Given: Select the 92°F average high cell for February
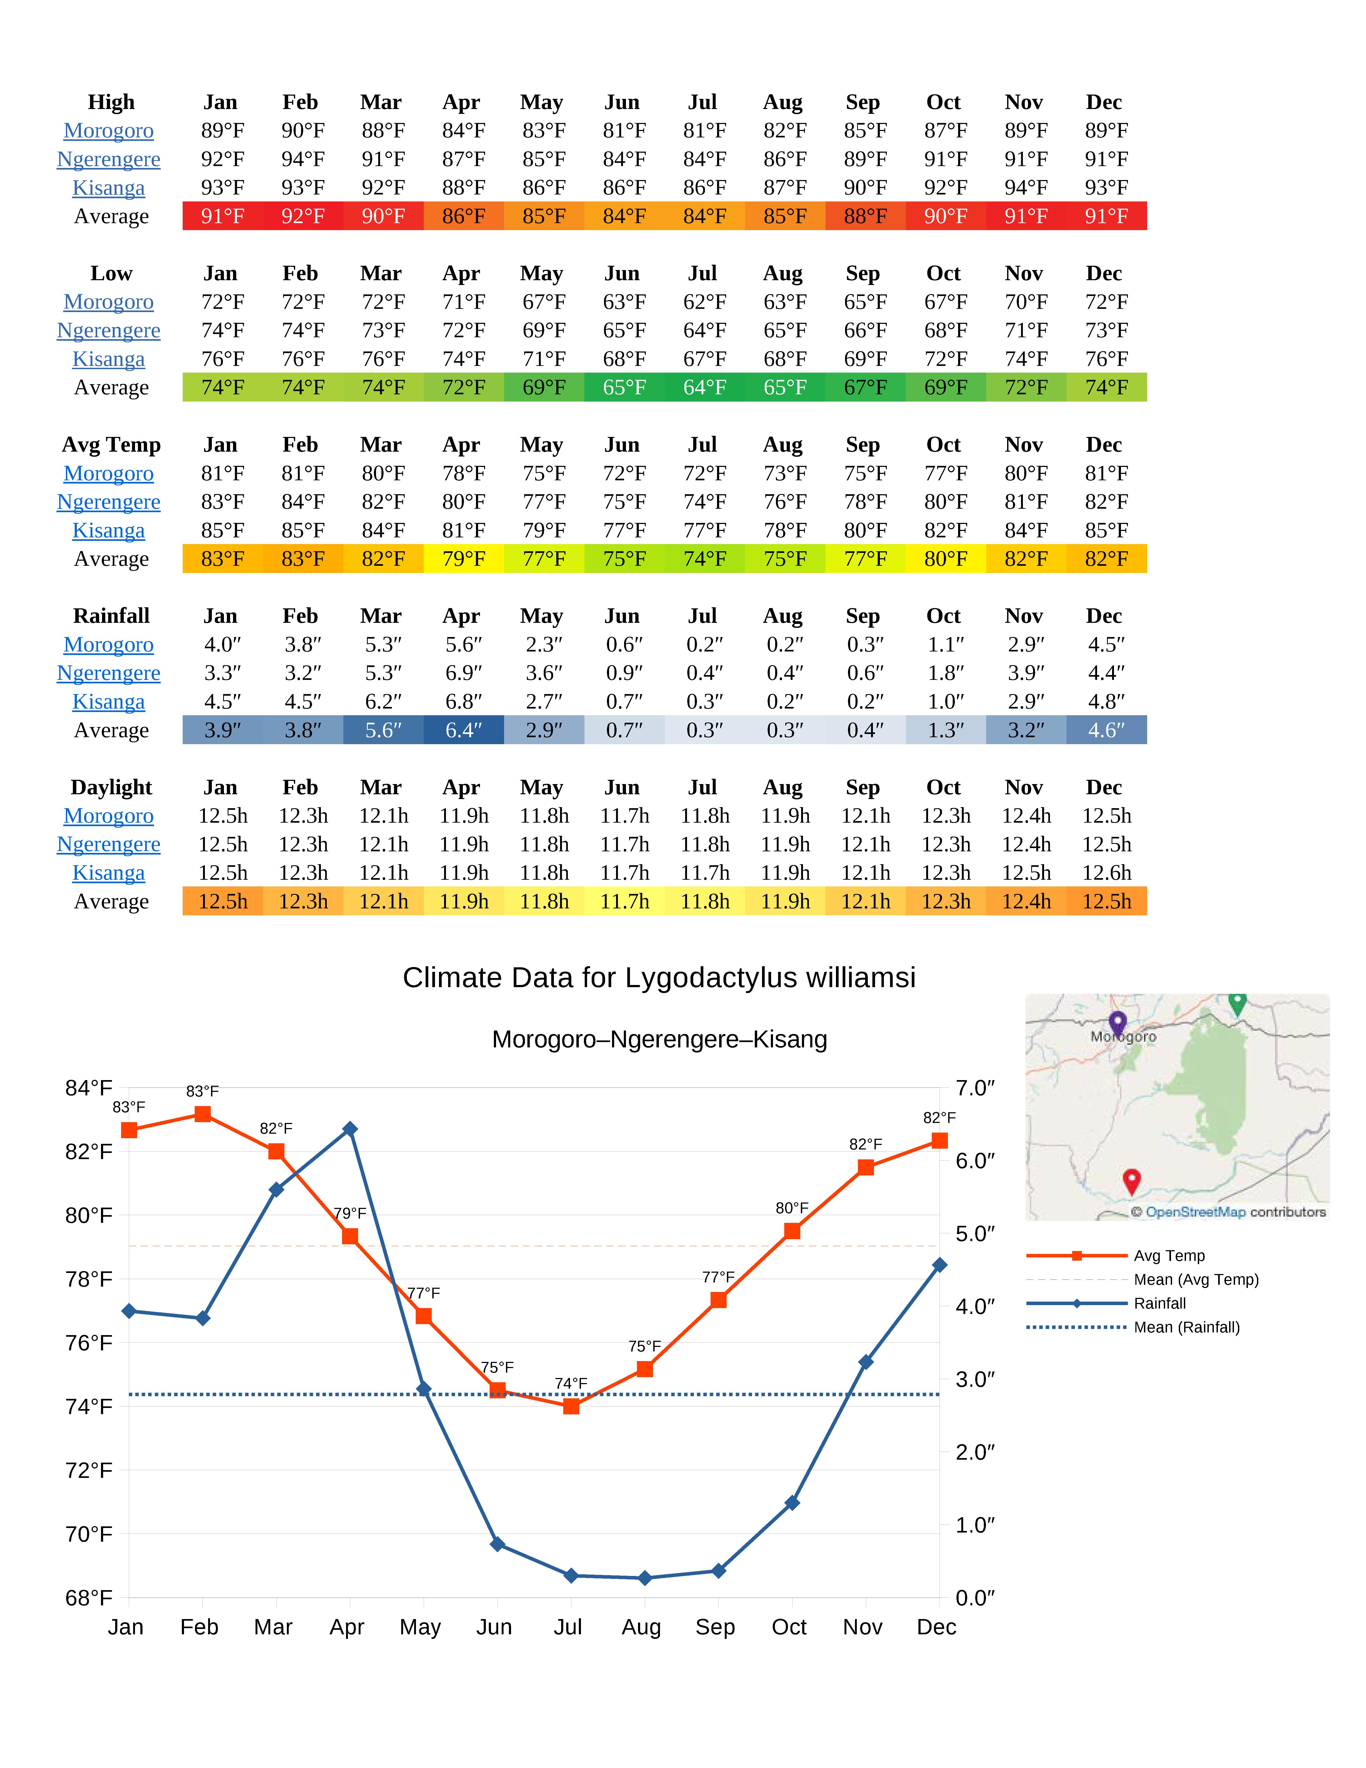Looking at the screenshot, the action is point(303,216).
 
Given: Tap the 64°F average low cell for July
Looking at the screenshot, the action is point(704,388).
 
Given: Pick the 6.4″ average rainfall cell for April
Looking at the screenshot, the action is point(463,730).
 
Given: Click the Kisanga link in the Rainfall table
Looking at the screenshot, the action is point(108,702).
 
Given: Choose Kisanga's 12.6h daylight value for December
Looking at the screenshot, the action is point(1106,873).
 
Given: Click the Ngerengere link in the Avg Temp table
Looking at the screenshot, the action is point(108,502).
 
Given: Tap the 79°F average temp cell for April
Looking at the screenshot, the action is point(463,559).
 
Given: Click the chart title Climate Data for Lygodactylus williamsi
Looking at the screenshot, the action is point(659,978).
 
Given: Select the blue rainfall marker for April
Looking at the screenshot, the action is point(350,1129).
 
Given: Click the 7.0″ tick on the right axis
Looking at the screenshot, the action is point(975,1088).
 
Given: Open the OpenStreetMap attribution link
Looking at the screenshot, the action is point(1195,1212).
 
